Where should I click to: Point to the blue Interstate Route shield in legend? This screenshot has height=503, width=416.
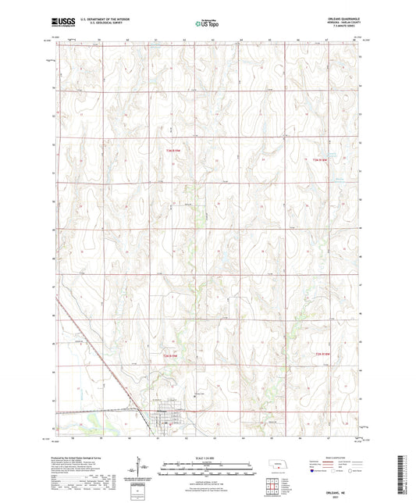(x=313, y=472)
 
